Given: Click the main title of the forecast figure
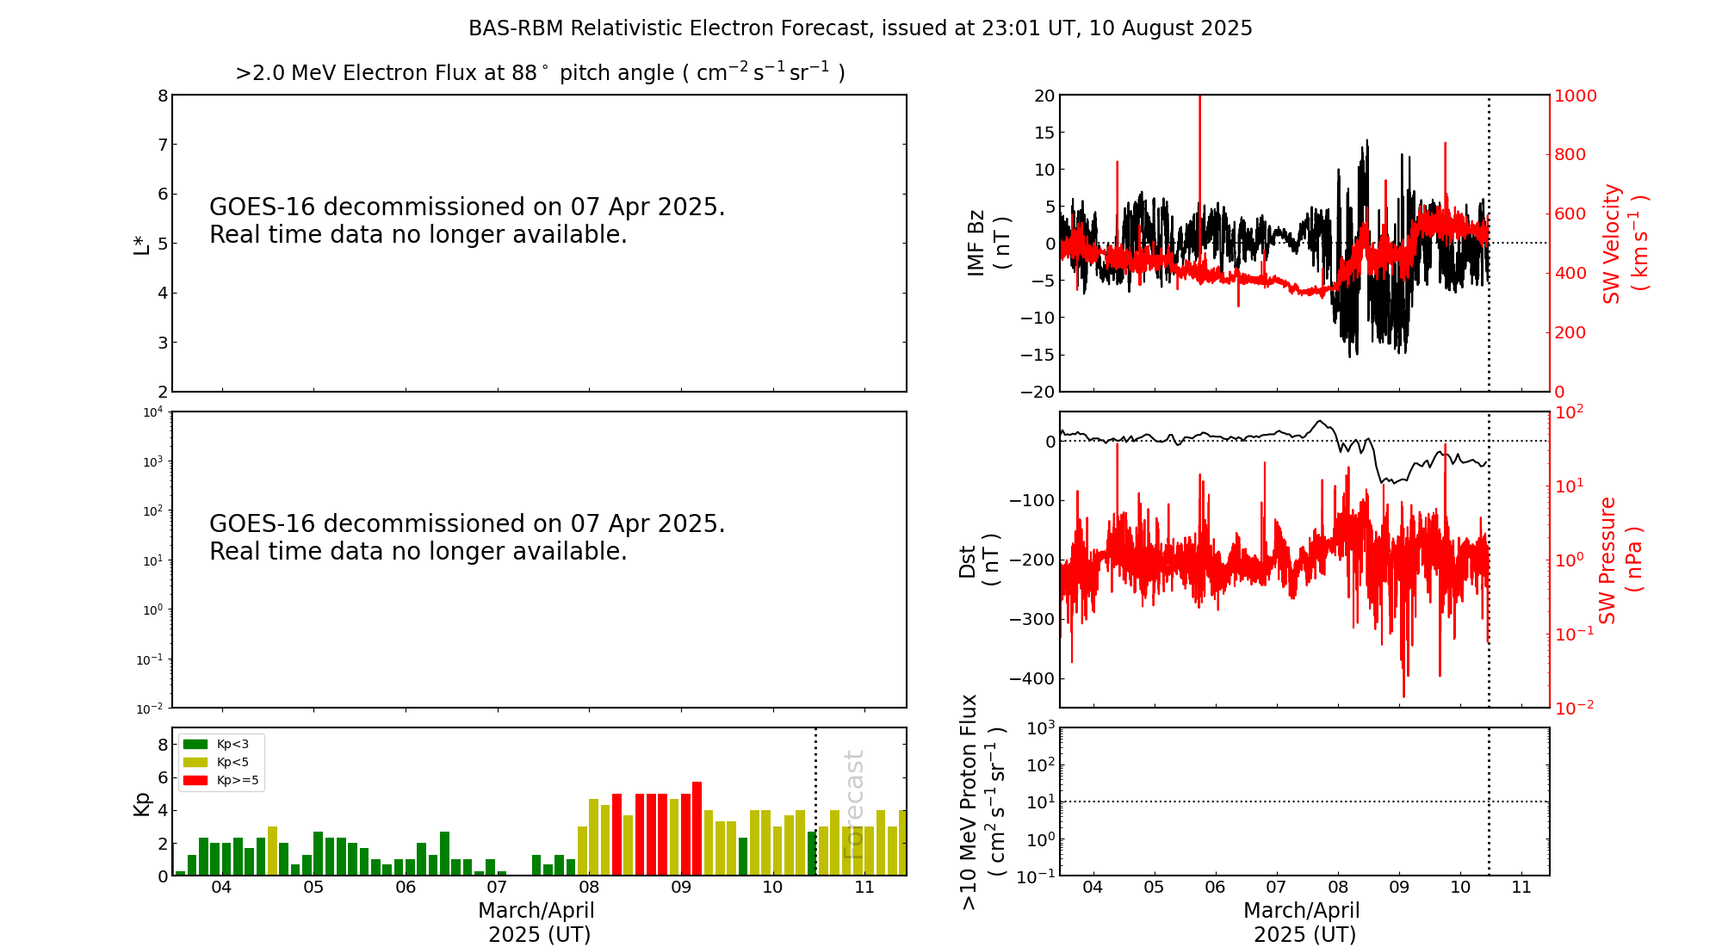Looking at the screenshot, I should click(x=860, y=28).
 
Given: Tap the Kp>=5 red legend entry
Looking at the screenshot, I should click(x=220, y=781).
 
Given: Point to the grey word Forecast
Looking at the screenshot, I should click(x=852, y=804).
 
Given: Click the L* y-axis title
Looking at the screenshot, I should click(x=141, y=244).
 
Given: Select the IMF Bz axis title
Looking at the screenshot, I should click(x=988, y=243).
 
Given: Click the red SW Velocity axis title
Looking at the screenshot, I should click(x=1624, y=243).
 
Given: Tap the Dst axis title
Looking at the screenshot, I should click(x=979, y=560).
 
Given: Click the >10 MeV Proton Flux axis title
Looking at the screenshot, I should click(x=982, y=802).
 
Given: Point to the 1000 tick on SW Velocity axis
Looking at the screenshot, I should click(x=1575, y=96).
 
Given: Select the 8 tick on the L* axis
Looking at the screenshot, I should click(x=162, y=96).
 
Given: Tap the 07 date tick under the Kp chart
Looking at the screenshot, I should click(x=497, y=888).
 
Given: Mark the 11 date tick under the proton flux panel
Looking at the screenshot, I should click(x=1521, y=888).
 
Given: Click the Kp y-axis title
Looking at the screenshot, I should click(x=141, y=803).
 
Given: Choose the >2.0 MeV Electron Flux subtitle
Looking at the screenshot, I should click(x=540, y=72).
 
